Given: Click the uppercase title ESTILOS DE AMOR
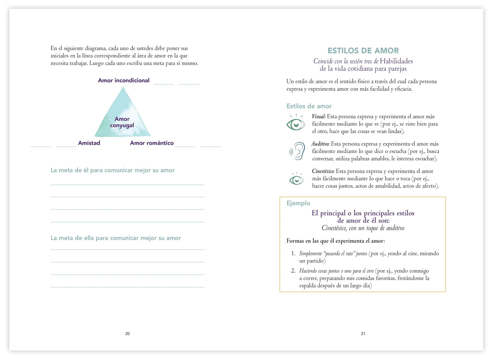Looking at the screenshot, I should tap(363, 51).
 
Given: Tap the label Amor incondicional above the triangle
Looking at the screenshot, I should tap(124, 80).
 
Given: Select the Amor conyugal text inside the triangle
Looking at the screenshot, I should tap(122, 122).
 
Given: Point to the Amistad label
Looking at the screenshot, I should tap(89, 143).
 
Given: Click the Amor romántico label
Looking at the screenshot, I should tap(151, 143).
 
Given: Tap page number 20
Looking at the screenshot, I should tap(127, 334).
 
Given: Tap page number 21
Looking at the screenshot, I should tap(363, 334).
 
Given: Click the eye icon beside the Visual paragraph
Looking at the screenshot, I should tap(296, 123).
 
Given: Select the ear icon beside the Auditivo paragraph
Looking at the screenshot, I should tap(298, 151).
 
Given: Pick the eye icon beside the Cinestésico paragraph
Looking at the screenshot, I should tap(296, 179).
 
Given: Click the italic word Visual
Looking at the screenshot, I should tap(318, 117).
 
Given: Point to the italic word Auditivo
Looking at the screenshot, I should tap(320, 144).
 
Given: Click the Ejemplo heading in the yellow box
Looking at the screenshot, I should tap(298, 203).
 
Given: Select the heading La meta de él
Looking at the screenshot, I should tap(113, 170).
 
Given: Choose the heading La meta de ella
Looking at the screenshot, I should tap(116, 238).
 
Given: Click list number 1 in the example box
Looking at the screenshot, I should tap(293, 254).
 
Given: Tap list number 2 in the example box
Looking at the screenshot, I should tap(293, 271).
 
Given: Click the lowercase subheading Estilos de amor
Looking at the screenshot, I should tap(309, 106).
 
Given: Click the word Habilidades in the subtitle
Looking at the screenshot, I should tap(396, 61).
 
